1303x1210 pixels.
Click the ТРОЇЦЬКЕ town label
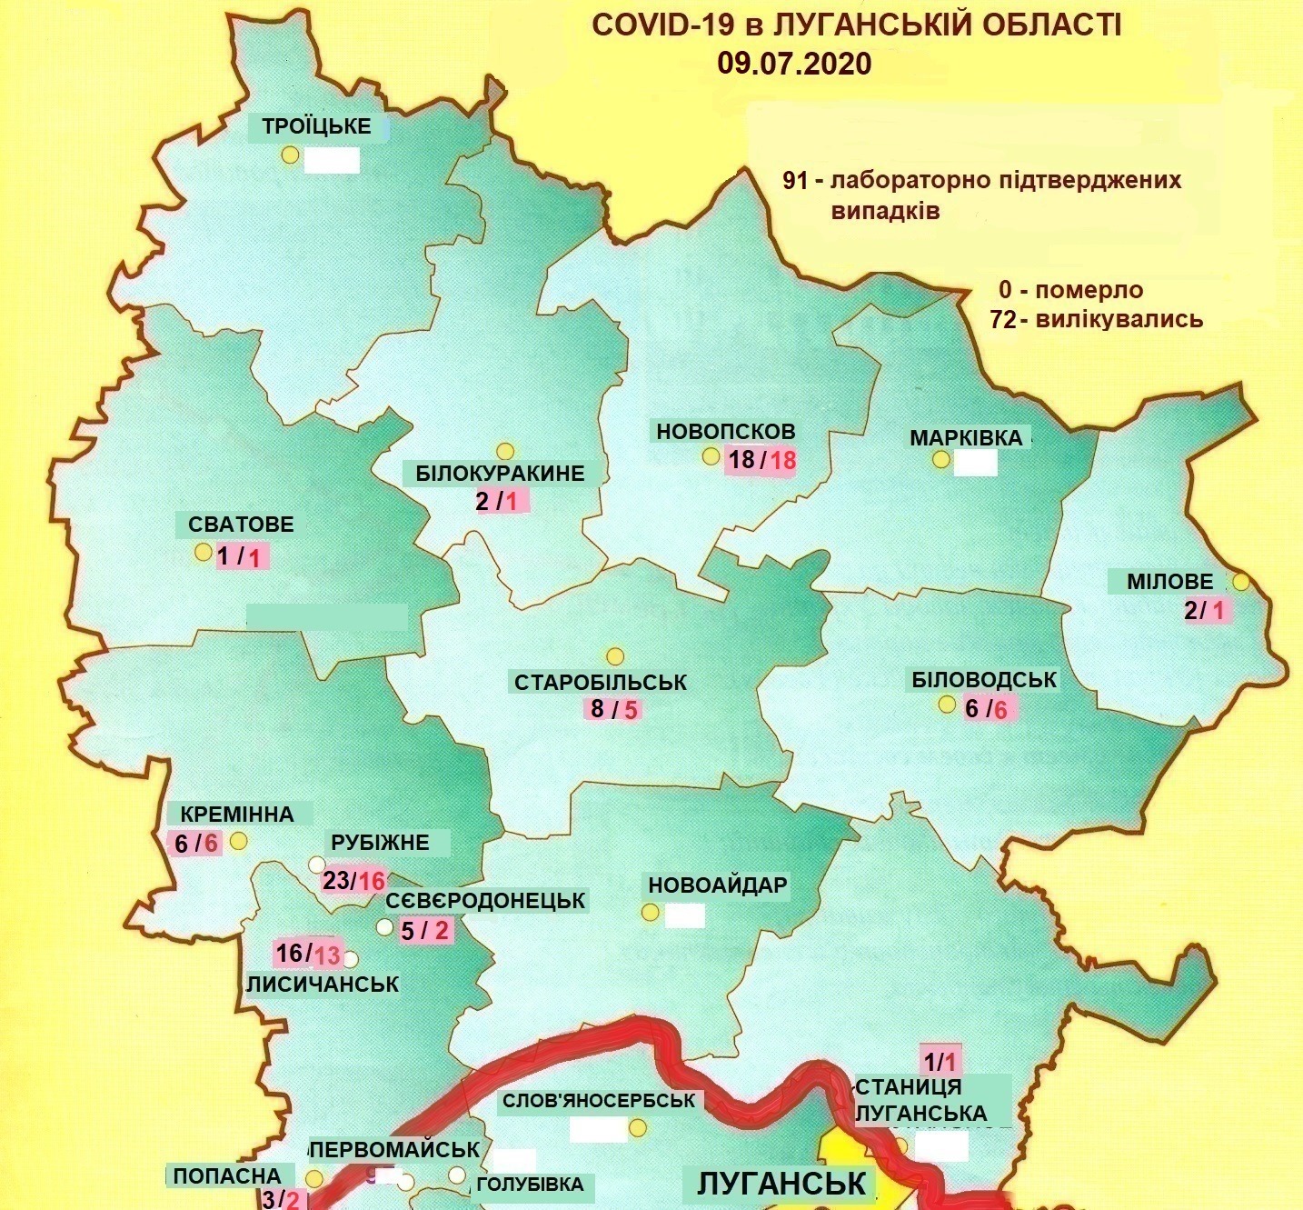(316, 126)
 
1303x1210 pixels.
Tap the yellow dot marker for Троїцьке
(290, 155)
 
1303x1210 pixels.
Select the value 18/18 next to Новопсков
(761, 460)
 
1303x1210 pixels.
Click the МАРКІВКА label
(966, 438)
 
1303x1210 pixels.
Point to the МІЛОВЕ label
(1169, 581)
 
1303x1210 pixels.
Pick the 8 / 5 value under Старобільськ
(614, 709)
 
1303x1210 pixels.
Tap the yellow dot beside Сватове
(203, 552)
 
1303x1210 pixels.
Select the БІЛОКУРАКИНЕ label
(500, 474)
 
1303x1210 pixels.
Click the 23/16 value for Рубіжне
(354, 880)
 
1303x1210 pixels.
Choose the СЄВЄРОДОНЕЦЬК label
(485, 901)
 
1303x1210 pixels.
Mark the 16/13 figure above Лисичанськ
(308, 954)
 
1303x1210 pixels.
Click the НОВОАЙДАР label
(717, 885)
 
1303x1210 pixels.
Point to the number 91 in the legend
(795, 180)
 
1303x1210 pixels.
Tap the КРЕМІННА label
(236, 814)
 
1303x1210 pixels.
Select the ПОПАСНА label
(233, 1175)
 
